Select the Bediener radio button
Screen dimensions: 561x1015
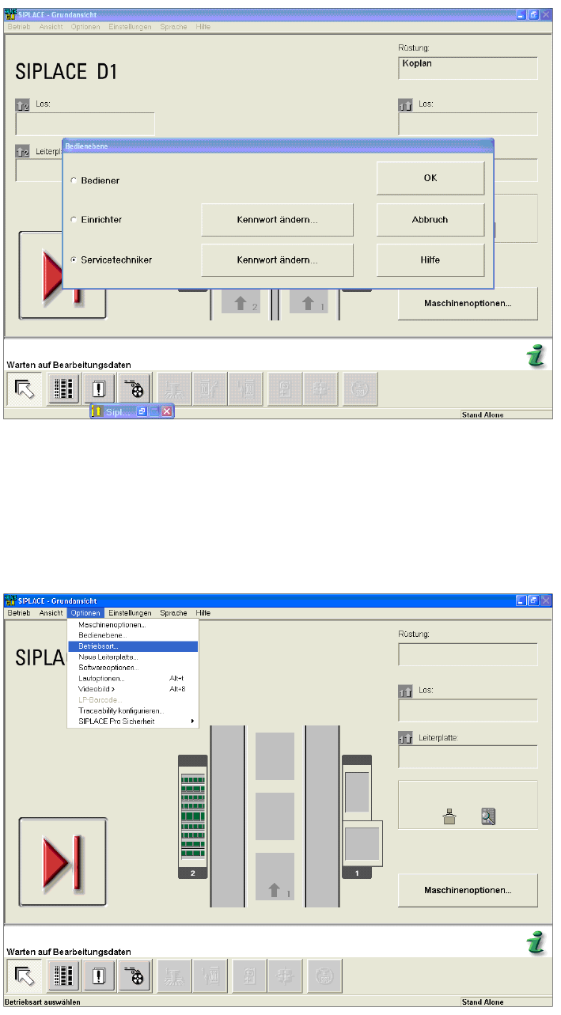[74, 181]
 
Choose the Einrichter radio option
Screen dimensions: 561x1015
[74, 219]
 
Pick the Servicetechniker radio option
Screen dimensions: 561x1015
[74, 259]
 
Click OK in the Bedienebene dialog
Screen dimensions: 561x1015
[430, 179]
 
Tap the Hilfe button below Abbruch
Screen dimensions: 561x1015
[430, 259]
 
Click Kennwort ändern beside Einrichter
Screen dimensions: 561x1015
[277, 220]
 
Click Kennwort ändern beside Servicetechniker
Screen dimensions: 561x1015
[277, 259]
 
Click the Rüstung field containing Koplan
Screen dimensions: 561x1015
[468, 68]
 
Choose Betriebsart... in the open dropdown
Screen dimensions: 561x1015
[97, 646]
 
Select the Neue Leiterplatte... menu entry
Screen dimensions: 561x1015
[108, 657]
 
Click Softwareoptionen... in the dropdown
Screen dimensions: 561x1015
[108, 668]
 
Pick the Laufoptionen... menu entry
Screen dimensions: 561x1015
[101, 679]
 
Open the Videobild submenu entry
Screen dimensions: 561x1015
[97, 689]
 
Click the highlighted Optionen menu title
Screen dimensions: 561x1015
[85, 613]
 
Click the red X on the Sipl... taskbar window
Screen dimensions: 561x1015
[167, 411]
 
